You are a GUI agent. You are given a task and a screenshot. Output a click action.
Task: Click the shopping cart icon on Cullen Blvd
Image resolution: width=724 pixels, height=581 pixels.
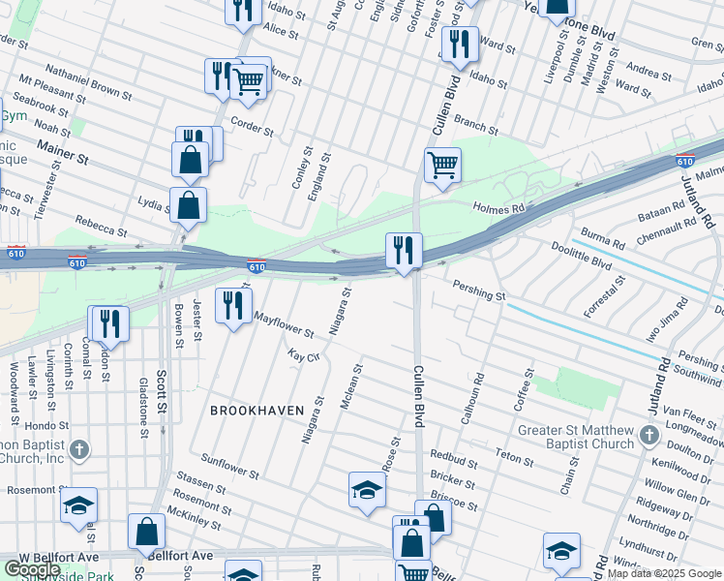tap(442, 165)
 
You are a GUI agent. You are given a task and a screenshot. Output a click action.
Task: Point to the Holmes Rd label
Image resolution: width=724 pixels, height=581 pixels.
tap(498, 207)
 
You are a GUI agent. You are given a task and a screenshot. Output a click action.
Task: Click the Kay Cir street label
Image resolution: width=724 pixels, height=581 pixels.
tap(304, 357)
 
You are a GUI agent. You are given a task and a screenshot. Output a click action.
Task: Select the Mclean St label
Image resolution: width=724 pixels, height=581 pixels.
tap(351, 386)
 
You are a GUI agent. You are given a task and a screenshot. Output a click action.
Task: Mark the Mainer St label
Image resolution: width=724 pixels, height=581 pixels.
tap(63, 150)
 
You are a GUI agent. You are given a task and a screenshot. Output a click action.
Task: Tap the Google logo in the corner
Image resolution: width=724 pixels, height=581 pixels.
tap(32, 569)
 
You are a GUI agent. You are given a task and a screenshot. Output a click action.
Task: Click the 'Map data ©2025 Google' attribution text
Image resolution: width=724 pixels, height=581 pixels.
tap(664, 573)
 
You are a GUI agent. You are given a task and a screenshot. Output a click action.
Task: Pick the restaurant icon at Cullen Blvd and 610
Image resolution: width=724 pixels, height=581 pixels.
tap(403, 250)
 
